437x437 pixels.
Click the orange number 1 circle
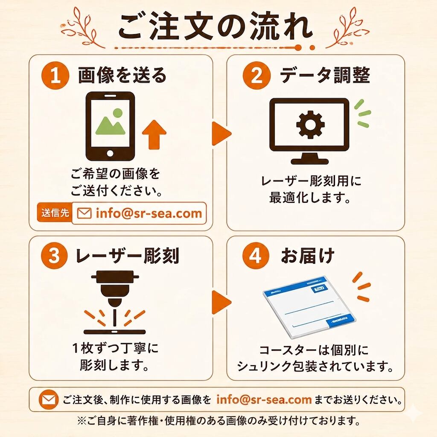coord(55,75)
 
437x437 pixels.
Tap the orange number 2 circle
coord(256,75)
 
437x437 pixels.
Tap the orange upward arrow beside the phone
coord(154,134)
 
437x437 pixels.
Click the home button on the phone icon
coord(110,153)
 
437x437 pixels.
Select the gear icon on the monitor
coord(310,124)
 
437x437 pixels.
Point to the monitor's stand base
coord(310,161)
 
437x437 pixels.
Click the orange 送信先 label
coord(55,213)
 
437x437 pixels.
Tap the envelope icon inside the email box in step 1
coord(84,213)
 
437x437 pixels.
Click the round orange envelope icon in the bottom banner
coord(49,400)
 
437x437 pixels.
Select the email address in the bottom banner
coord(264,399)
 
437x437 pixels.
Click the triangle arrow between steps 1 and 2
coord(221,134)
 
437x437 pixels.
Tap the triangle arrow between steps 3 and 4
coord(221,302)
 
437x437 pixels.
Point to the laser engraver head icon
coord(114,290)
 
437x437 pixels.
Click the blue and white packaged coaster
coord(310,307)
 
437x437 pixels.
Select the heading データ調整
coord(325,75)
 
